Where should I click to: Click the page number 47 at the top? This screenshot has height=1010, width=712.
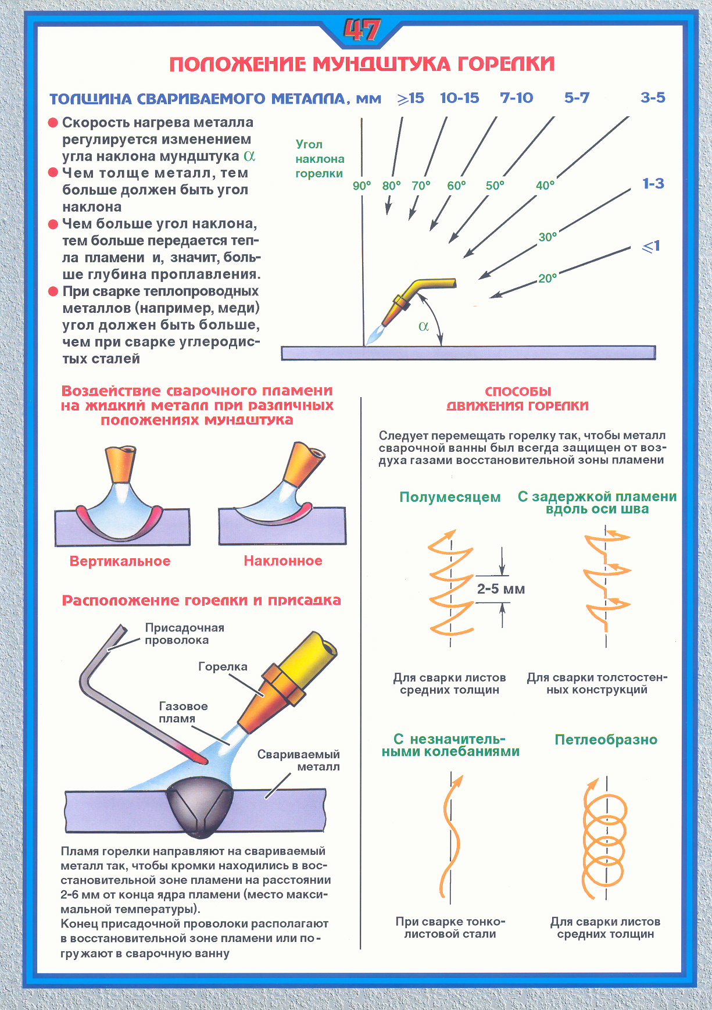click(x=362, y=30)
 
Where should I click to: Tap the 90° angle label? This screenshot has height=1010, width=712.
click(x=362, y=185)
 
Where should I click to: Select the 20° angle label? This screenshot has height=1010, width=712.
click(x=548, y=279)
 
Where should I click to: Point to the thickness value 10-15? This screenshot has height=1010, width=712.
click(x=459, y=98)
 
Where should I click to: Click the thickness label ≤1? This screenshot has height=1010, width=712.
click(x=651, y=247)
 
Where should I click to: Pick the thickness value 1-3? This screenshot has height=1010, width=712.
click(x=653, y=184)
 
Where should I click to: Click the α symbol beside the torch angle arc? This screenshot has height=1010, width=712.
click(x=424, y=326)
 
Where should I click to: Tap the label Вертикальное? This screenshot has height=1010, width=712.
click(x=120, y=561)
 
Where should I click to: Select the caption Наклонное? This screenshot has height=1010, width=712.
click(x=283, y=561)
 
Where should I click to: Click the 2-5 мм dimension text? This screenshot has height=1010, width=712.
click(x=500, y=589)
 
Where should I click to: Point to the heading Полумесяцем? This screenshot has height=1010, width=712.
click(x=450, y=497)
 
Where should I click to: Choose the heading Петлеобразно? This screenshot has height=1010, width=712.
click(x=606, y=740)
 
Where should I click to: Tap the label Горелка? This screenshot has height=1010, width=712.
click(x=223, y=666)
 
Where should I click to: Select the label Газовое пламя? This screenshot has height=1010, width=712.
click(x=183, y=712)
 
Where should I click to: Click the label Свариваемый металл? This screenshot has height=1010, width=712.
click(x=298, y=761)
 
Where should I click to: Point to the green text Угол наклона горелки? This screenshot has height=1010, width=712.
click(x=319, y=159)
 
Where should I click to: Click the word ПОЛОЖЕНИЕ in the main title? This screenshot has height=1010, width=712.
click(x=237, y=64)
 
